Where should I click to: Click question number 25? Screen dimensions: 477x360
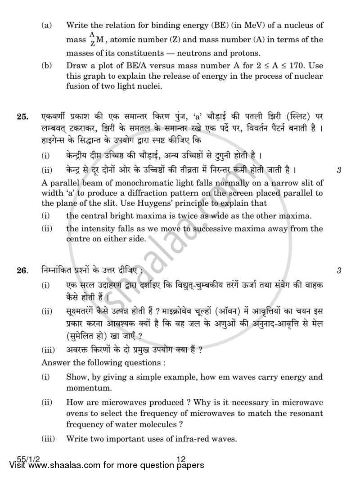[21, 117]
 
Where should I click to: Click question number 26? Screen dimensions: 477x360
[21, 271]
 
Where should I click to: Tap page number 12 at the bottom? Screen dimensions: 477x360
[181, 459]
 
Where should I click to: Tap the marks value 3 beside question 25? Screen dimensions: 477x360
[339, 170]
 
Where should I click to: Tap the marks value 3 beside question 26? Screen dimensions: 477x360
[339, 271]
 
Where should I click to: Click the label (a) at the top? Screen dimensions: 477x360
[47, 26]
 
